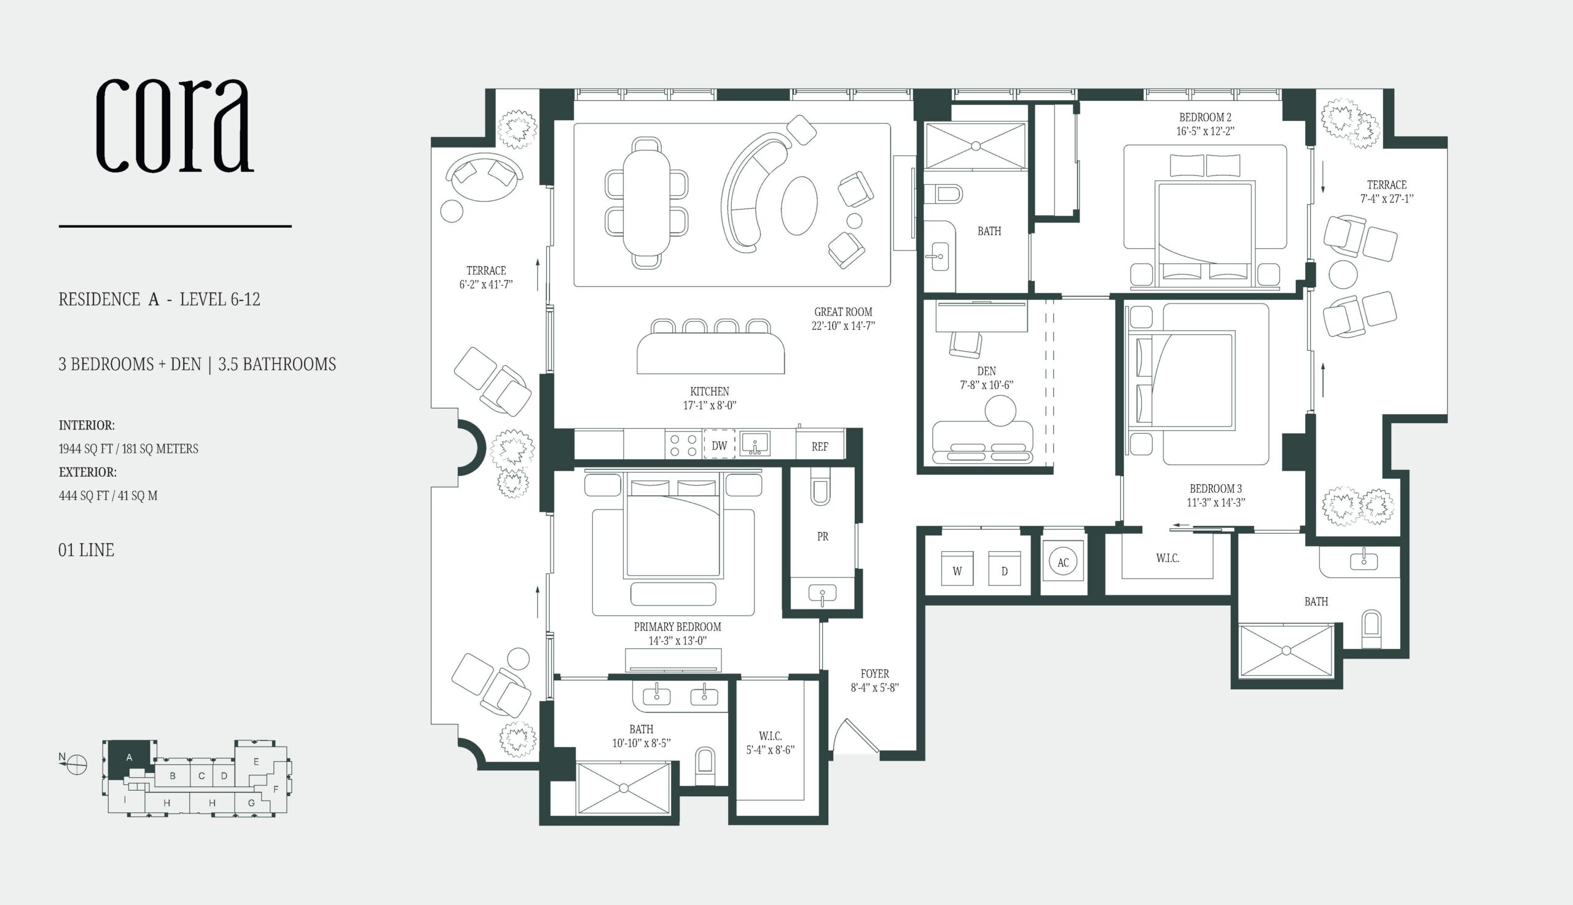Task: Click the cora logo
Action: tap(175, 126)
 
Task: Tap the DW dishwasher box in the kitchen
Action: tap(719, 445)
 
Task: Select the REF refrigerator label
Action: tap(820, 446)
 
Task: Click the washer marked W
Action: tap(957, 568)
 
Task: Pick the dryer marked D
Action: tap(1005, 568)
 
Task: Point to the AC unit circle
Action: tap(1064, 562)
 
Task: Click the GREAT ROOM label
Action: tap(844, 312)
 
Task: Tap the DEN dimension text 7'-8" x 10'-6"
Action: tap(986, 385)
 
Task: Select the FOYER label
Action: tap(874, 674)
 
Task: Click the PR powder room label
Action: tap(822, 536)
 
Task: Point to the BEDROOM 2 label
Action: tap(1205, 117)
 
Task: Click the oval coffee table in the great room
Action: tap(799, 205)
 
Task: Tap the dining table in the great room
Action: tap(646, 203)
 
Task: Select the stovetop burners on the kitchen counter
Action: tap(683, 445)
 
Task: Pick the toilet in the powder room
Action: tap(820, 486)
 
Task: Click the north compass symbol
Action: tap(76, 764)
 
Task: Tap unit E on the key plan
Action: tap(256, 761)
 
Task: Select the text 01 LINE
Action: tap(87, 550)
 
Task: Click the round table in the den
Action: tap(1000, 411)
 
